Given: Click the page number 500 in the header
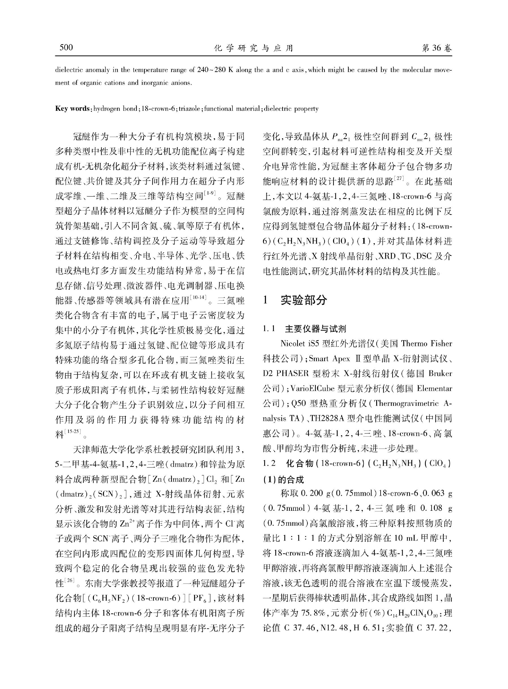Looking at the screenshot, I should click(66, 48).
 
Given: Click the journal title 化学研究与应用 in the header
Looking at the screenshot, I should click(254, 48).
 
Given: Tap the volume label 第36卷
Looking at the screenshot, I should click(437, 48).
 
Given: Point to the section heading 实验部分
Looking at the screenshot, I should click(304, 300).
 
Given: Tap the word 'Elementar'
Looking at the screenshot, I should click(434, 388).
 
